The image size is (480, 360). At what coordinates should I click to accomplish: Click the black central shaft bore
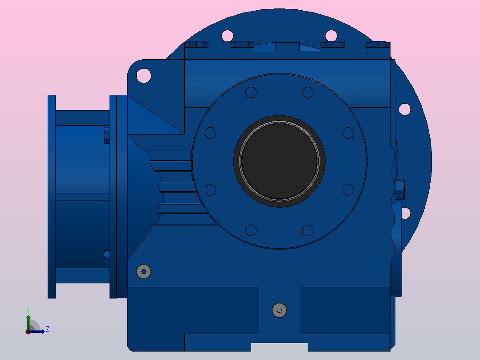pyautogui.click(x=279, y=161)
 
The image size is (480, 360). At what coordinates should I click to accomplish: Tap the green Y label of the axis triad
pyautogui.click(x=28, y=310)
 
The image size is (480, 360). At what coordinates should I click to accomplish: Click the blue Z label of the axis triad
pyautogui.click(x=48, y=329)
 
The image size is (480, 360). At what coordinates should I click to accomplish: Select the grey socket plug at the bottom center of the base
pyautogui.click(x=279, y=311)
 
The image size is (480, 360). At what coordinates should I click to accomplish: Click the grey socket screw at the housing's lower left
pyautogui.click(x=143, y=271)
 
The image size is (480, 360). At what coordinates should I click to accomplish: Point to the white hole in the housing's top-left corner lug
pyautogui.click(x=143, y=76)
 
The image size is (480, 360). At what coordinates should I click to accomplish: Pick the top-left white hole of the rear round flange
pyautogui.click(x=227, y=36)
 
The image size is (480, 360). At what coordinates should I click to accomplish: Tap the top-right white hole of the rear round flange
pyautogui.click(x=331, y=36)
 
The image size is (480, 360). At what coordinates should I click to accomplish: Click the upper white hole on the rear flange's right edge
pyautogui.click(x=405, y=109)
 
